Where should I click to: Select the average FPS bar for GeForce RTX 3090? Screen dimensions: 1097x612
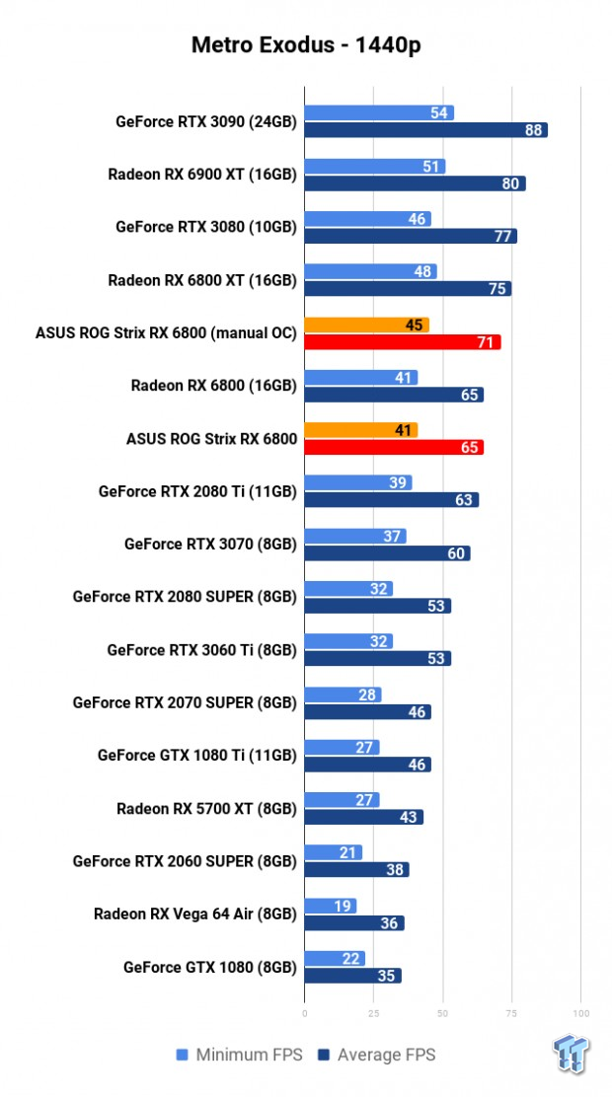[x=425, y=130]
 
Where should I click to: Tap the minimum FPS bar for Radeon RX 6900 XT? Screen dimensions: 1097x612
[x=374, y=167]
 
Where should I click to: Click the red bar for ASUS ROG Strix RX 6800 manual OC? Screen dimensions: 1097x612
[x=402, y=342]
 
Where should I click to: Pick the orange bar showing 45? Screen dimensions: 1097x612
[x=366, y=326]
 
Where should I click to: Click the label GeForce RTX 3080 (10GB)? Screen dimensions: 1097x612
[x=205, y=227]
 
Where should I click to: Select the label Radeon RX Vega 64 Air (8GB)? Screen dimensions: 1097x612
[x=194, y=914]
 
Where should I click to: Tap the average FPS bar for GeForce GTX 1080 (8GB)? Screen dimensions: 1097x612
[x=352, y=977]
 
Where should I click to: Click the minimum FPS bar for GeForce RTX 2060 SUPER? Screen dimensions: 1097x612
[x=333, y=852]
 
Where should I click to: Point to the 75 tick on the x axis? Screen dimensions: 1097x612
[x=510, y=1013]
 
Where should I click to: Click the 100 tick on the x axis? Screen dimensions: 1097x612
[x=580, y=1013]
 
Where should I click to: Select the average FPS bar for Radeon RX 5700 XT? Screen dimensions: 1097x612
[x=363, y=818]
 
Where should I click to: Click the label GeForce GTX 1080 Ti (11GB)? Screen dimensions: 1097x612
[x=196, y=756]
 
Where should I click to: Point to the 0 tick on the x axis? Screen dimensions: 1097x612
[x=304, y=1013]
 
